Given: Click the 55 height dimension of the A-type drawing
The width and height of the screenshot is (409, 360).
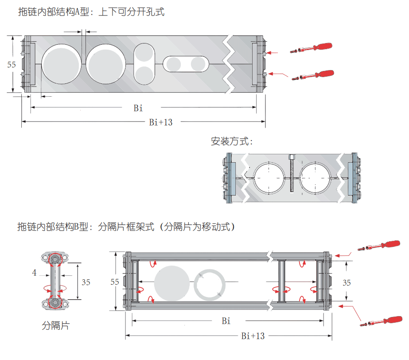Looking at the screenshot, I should tap(12, 64).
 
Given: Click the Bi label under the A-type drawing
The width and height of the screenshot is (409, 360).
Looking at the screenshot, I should tap(138, 108).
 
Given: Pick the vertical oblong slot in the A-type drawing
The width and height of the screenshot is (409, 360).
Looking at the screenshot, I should tap(144, 64).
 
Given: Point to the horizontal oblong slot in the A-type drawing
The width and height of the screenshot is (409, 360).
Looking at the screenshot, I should tap(186, 64).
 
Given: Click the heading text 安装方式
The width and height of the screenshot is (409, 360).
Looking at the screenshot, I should tap(232, 142).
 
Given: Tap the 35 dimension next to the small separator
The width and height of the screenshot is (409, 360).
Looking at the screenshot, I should tap(86, 282).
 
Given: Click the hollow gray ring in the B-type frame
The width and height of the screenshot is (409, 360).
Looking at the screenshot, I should tap(210, 285).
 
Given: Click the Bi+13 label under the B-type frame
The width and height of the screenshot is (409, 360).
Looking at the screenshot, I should tap(253, 336).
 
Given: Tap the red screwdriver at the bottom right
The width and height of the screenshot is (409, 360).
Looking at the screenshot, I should tap(381, 321).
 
